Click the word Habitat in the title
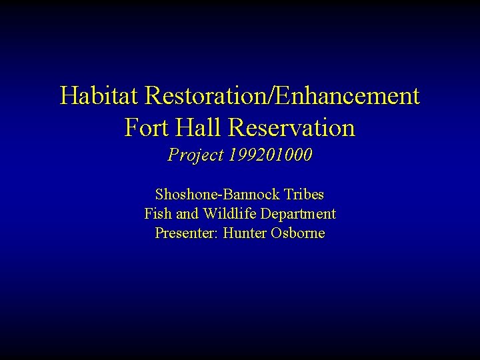(x=99, y=96)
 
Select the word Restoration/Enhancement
(x=282, y=96)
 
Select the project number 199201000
(x=271, y=155)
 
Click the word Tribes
(x=303, y=195)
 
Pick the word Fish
(x=156, y=214)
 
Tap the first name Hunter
(x=243, y=233)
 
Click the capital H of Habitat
(x=69, y=96)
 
